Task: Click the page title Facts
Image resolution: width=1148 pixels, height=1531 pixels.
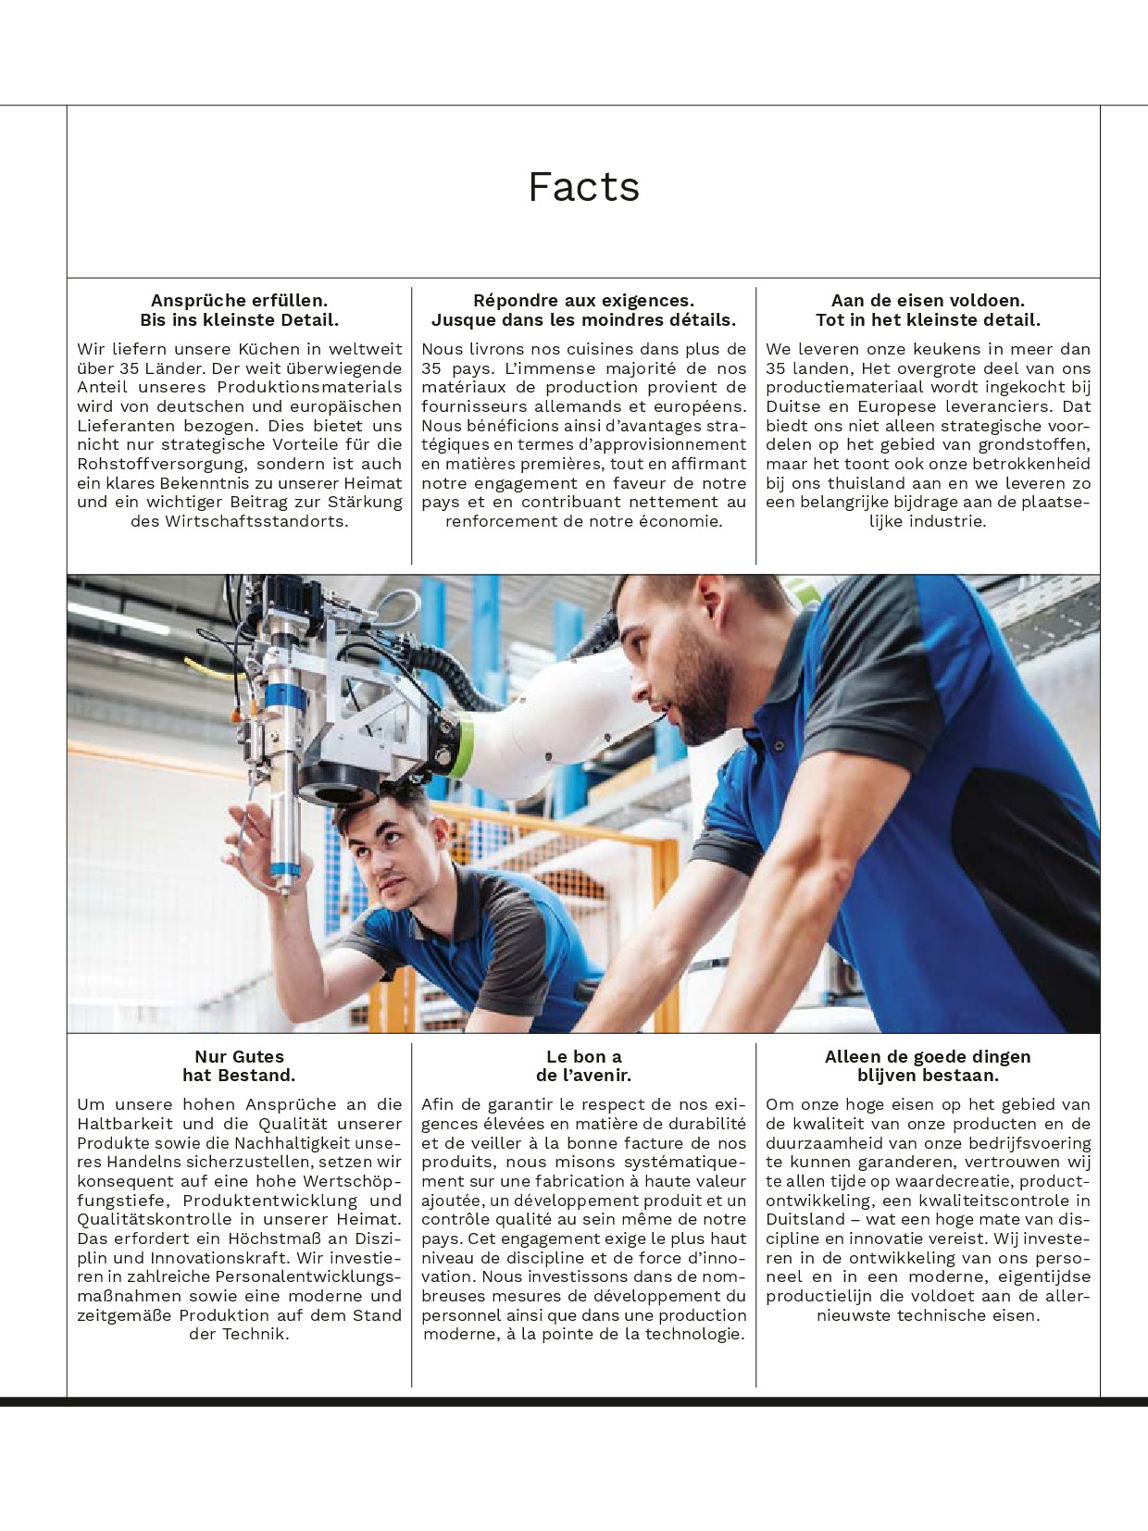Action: tap(583, 187)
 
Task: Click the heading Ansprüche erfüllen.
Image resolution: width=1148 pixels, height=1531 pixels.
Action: tap(239, 300)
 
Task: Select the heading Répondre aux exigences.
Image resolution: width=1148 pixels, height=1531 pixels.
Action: tap(583, 300)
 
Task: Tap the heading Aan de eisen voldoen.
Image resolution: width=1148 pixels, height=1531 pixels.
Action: tap(928, 300)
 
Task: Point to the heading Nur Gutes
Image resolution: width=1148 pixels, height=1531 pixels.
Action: tap(239, 1056)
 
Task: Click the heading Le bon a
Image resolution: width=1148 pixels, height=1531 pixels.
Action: tap(583, 1056)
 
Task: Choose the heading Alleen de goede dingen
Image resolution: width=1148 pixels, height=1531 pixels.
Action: tap(928, 1056)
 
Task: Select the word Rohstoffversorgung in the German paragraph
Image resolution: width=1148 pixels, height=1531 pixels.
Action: tap(161, 464)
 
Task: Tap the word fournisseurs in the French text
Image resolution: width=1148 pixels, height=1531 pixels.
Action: tap(477, 406)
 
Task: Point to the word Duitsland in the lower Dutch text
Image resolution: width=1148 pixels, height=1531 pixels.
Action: tap(805, 1219)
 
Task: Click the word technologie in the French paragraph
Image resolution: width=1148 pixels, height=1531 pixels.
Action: tap(694, 1334)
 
